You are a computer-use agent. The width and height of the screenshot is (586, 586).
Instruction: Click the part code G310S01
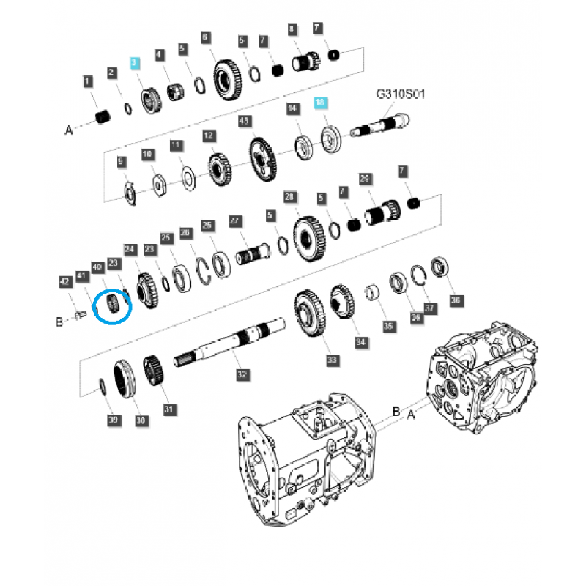point(401,94)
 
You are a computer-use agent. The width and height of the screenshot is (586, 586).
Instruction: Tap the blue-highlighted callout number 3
point(134,64)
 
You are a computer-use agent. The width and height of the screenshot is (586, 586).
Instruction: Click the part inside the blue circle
point(113,303)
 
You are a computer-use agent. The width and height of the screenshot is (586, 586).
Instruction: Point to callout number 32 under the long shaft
point(241,374)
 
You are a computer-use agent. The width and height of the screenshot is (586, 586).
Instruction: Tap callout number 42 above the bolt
point(64,281)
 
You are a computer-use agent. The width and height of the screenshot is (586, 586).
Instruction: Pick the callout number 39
point(112,420)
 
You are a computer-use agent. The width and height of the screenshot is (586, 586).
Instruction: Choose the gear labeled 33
point(311,315)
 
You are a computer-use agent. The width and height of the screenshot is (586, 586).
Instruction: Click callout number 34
point(360,342)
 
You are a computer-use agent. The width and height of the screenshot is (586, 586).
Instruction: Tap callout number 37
point(430,309)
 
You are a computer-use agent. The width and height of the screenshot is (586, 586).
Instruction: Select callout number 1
point(88,81)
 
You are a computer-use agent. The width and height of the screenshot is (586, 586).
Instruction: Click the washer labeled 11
point(188,177)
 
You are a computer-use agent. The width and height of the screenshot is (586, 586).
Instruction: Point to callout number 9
point(122,161)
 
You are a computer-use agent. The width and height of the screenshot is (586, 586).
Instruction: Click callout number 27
point(235,220)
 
